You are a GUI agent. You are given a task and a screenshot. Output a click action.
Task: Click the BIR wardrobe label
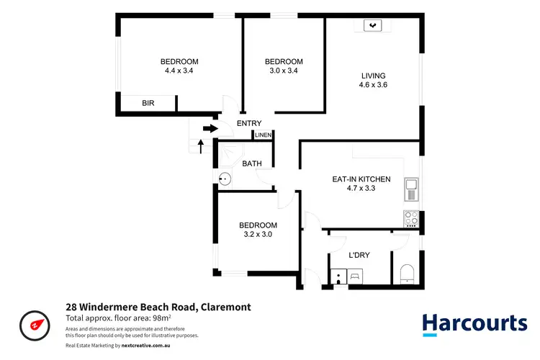coord(148,104)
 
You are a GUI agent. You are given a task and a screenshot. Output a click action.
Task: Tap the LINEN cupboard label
coord(263,135)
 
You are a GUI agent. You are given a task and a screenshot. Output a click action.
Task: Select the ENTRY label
coord(249,123)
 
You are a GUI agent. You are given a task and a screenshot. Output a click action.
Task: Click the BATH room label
coord(252,164)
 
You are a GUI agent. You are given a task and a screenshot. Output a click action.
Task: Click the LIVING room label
coord(374,76)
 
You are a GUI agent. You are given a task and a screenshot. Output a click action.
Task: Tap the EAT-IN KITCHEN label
coord(361,179)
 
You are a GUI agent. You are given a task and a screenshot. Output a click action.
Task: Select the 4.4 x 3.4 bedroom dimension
coord(179,71)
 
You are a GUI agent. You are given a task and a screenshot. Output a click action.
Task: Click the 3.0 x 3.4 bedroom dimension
coord(284,71)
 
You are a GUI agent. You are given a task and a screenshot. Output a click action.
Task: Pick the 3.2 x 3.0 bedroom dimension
coord(258,234)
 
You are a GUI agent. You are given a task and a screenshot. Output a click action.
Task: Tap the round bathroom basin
coord(225,179)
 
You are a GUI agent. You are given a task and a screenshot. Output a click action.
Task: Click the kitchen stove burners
coord(411,216)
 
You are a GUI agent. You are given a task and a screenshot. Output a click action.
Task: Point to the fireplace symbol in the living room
coord(372,27)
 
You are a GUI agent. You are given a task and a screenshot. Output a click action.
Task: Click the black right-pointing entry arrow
coord(210,129)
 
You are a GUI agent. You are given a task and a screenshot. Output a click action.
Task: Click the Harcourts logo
coord(474,323)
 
